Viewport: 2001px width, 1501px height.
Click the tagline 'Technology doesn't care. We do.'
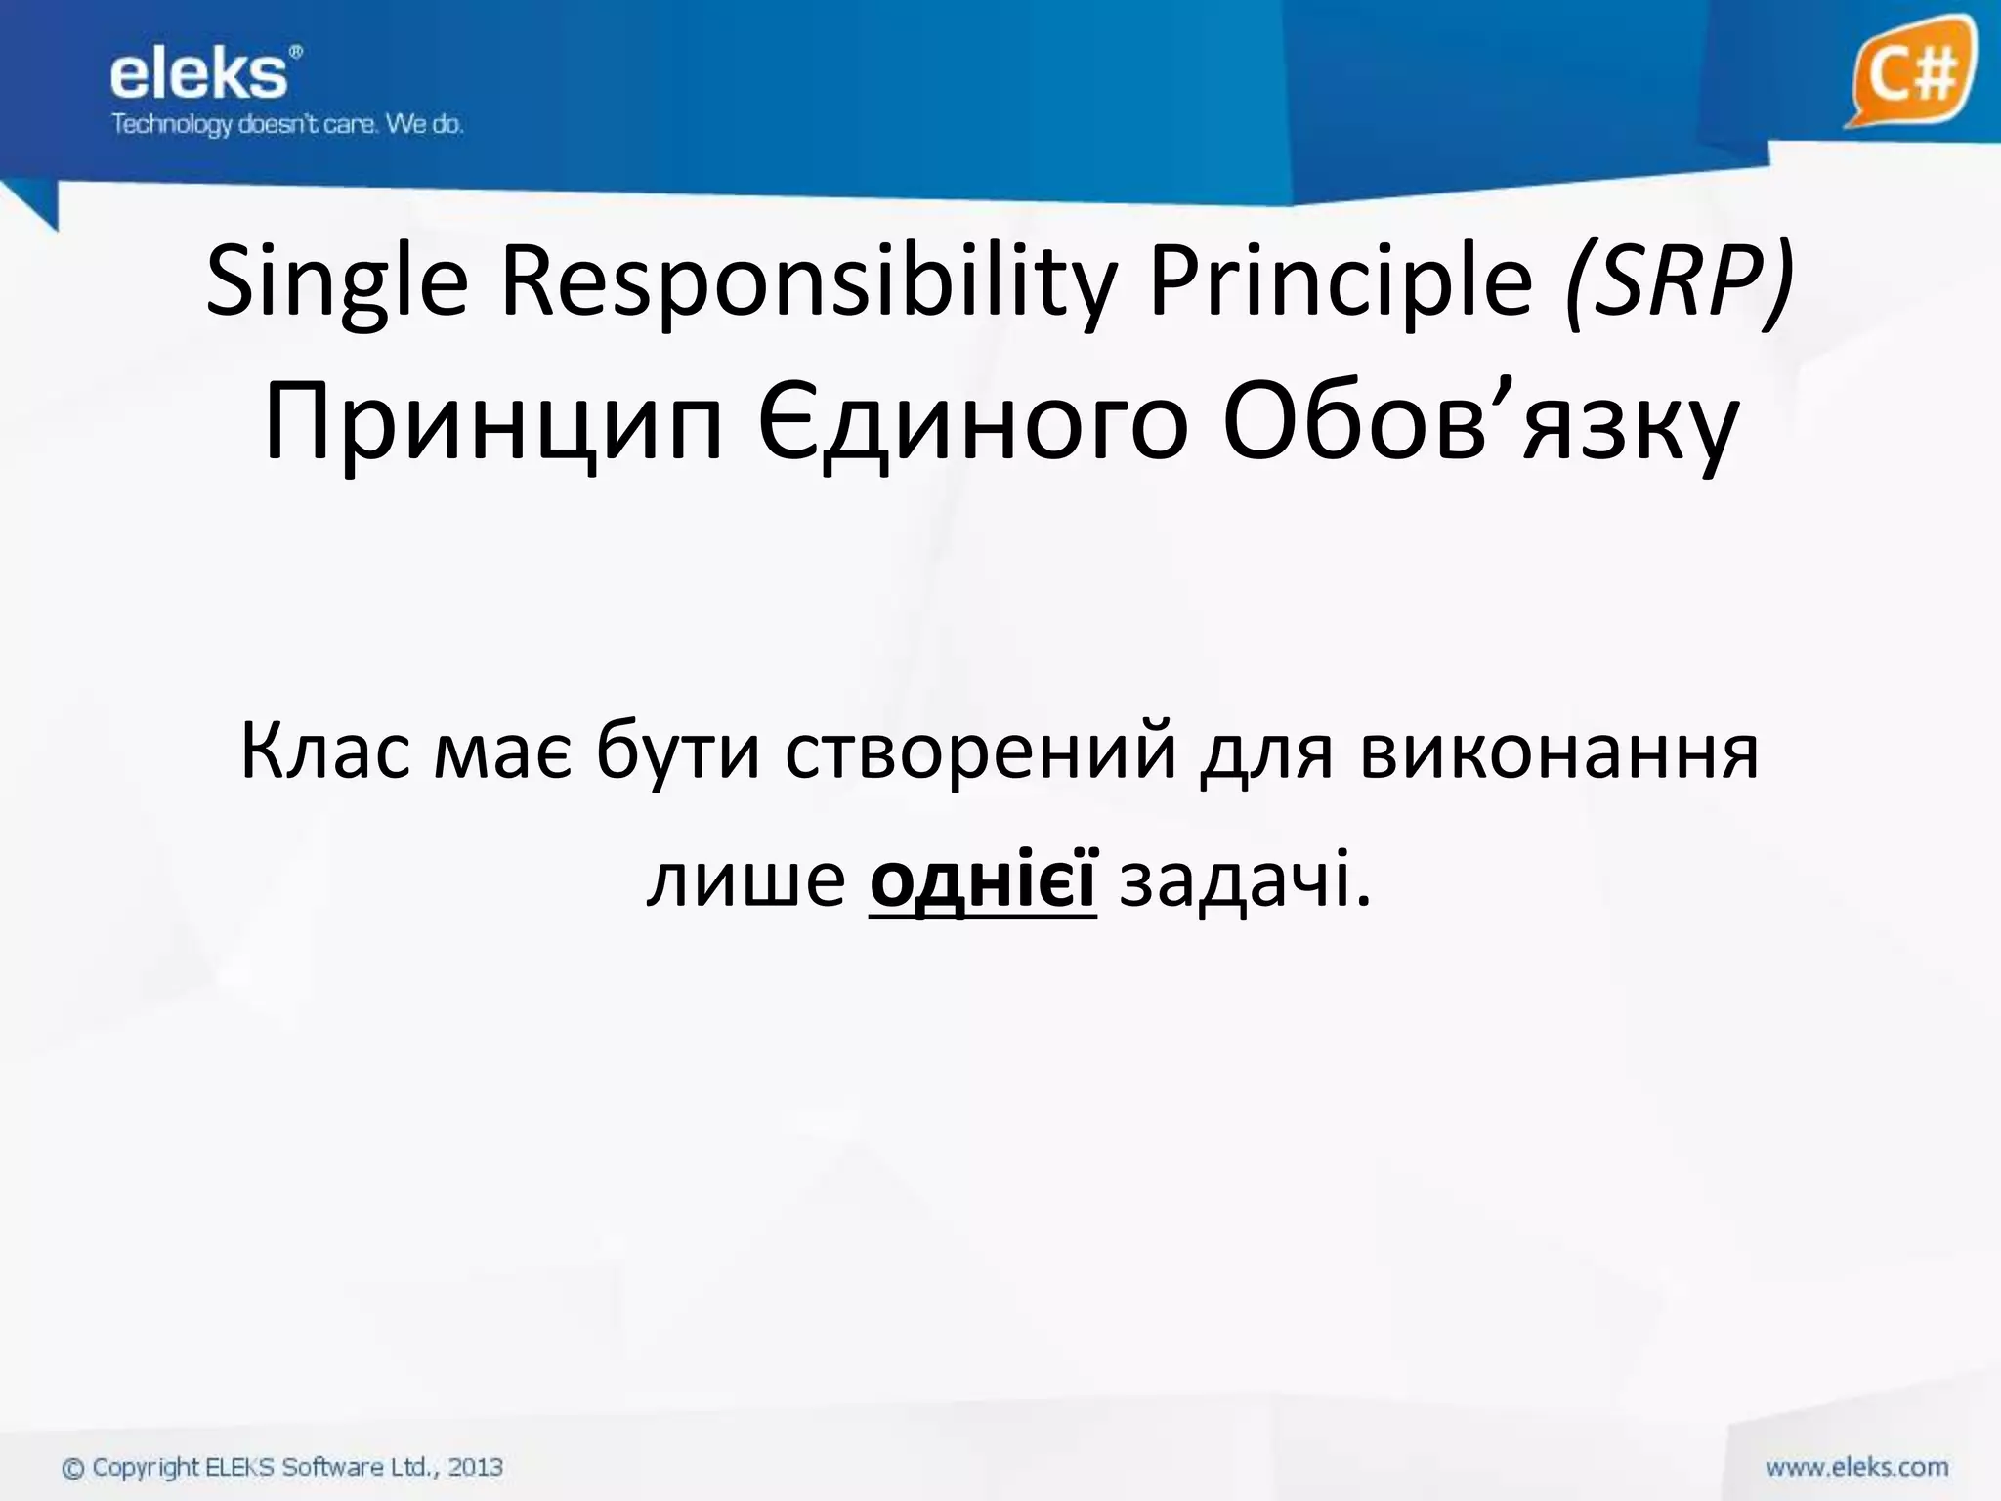[x=286, y=125]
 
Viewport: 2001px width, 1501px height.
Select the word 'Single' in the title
[x=337, y=283]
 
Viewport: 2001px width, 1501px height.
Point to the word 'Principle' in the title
[x=1341, y=283]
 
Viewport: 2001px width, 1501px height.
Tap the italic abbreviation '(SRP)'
[x=1679, y=283]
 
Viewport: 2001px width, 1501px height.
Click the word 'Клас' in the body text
[x=325, y=752]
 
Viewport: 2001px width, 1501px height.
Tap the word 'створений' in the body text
[x=981, y=752]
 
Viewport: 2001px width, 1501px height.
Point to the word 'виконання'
[x=1558, y=752]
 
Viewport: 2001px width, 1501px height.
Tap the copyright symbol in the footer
[x=73, y=1468]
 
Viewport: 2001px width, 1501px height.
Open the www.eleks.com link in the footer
[x=1856, y=1467]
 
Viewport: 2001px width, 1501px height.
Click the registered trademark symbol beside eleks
[x=297, y=51]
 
